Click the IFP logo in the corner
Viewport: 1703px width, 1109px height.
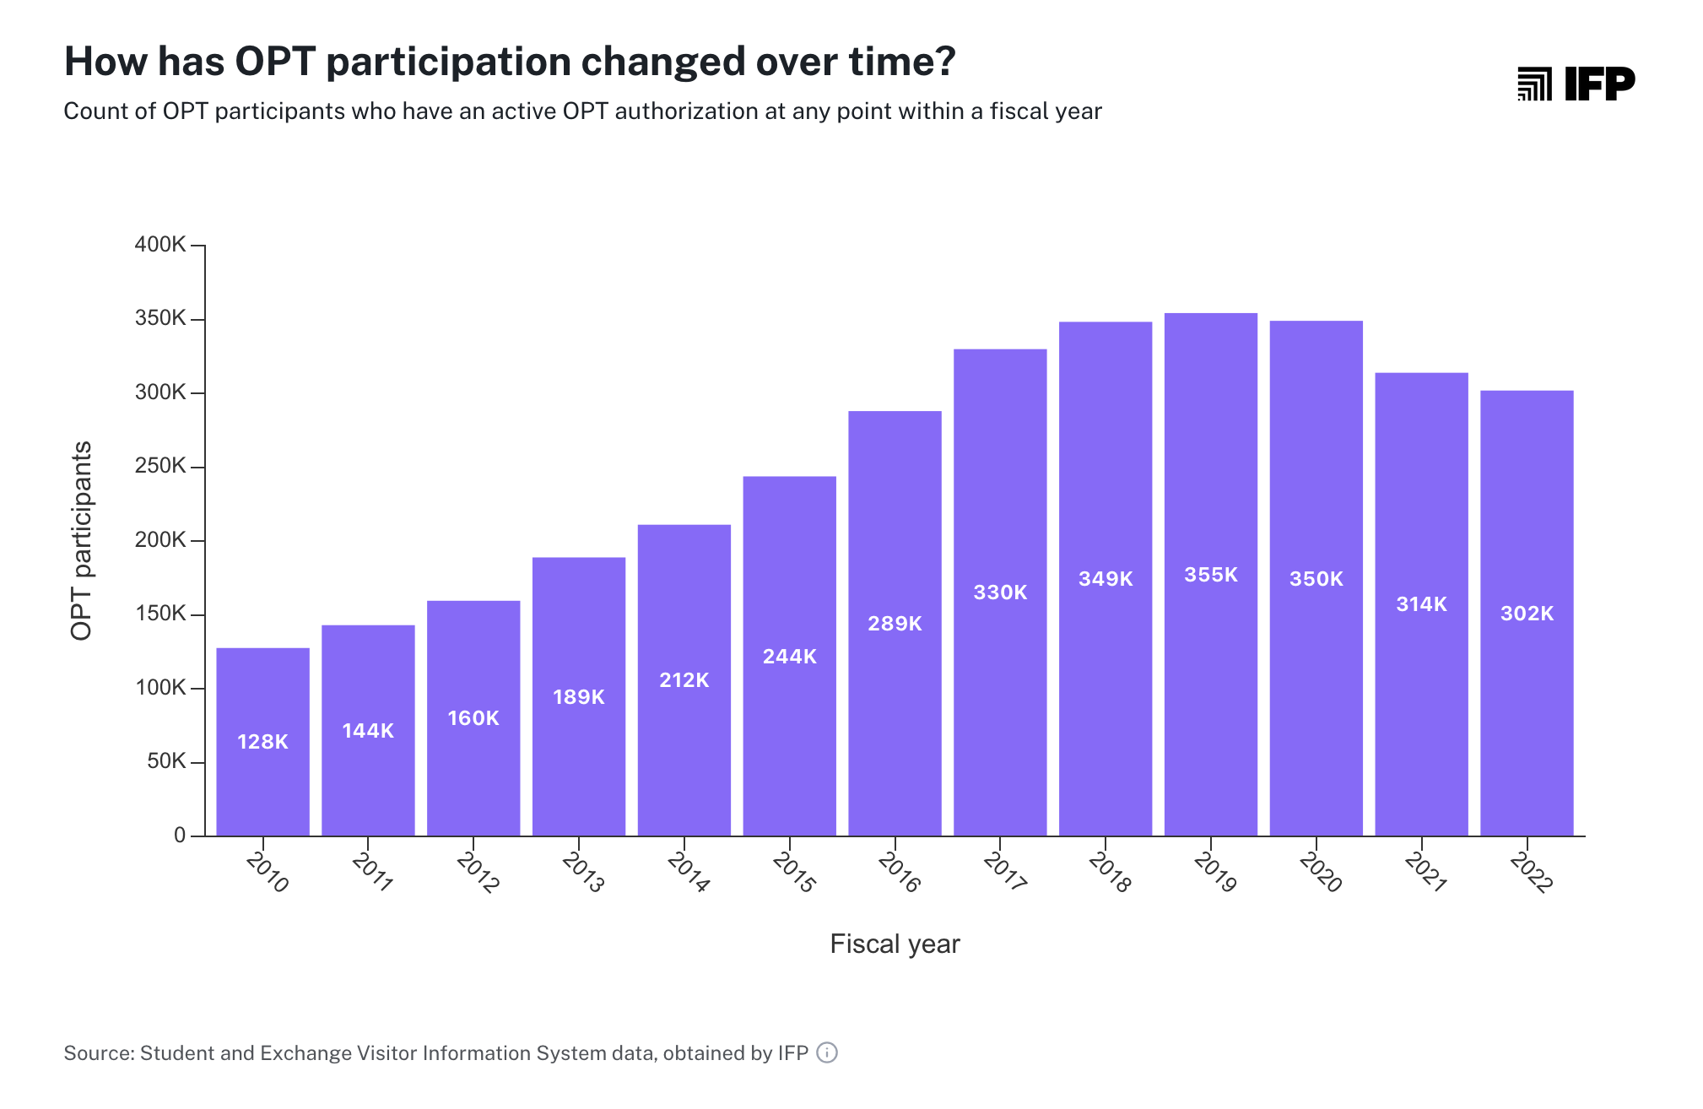pyautogui.click(x=1576, y=84)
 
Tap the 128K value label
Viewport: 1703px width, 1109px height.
pyautogui.click(x=262, y=742)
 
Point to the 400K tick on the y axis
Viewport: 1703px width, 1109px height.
pyautogui.click(x=160, y=245)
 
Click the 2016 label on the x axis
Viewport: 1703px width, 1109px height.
pyautogui.click(x=899, y=872)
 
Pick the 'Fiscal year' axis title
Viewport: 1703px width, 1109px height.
pyautogui.click(x=895, y=944)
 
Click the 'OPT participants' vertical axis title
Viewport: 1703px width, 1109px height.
pyautogui.click(x=82, y=540)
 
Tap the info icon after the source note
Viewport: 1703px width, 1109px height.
pyautogui.click(x=827, y=1052)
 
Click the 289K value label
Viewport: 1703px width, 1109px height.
pyautogui.click(x=895, y=624)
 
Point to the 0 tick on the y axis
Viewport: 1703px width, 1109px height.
pyautogui.click(x=180, y=836)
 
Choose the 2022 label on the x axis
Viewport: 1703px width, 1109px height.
pyautogui.click(x=1531, y=872)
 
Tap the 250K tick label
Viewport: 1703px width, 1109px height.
pyautogui.click(x=160, y=466)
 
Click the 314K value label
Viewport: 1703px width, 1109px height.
pyautogui.click(x=1421, y=604)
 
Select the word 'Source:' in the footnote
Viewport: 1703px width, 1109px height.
pyautogui.click(x=100, y=1053)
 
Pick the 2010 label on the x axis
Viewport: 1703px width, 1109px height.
pyautogui.click(x=268, y=872)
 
